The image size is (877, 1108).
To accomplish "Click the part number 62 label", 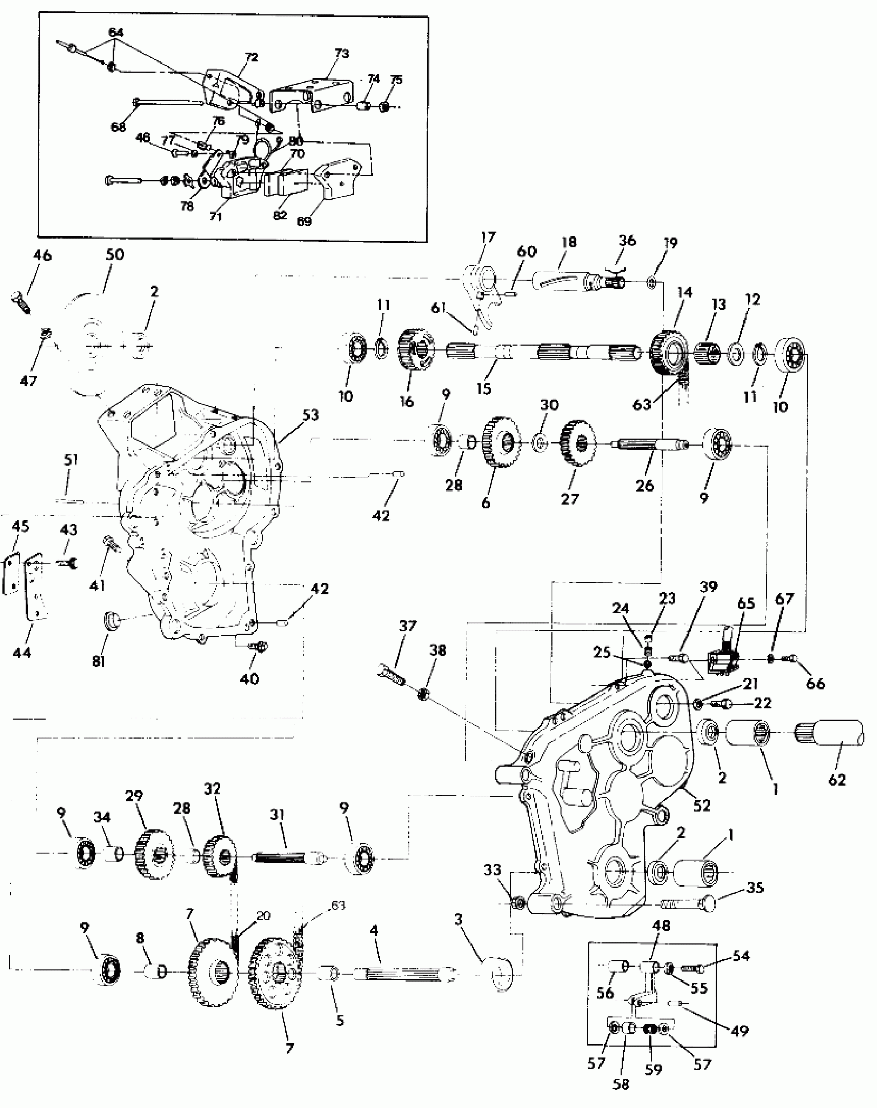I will tap(837, 780).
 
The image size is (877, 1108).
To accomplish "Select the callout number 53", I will tap(311, 415).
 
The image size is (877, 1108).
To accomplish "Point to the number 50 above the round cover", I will tap(115, 255).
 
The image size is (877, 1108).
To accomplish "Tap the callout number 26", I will tap(644, 485).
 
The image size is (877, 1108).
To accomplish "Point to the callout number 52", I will tap(702, 805).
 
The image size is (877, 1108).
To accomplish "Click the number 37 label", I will tap(408, 626).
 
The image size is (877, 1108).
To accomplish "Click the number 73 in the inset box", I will tap(342, 53).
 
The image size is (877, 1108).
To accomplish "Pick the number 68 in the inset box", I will tap(119, 127).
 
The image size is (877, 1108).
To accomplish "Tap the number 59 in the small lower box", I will tap(653, 1070).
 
